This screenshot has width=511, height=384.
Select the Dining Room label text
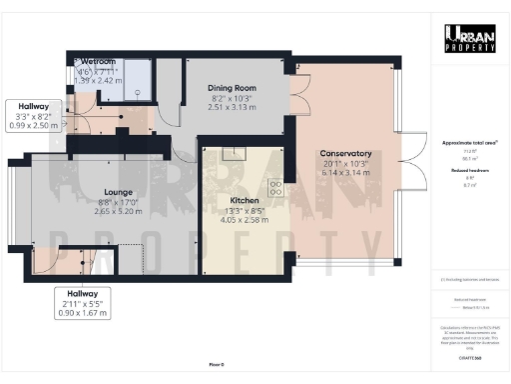coord(232,88)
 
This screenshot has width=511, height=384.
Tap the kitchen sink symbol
coord(236,154)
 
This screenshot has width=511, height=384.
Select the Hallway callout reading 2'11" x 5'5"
coord(82,303)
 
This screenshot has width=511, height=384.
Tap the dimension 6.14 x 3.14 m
coord(345,174)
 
